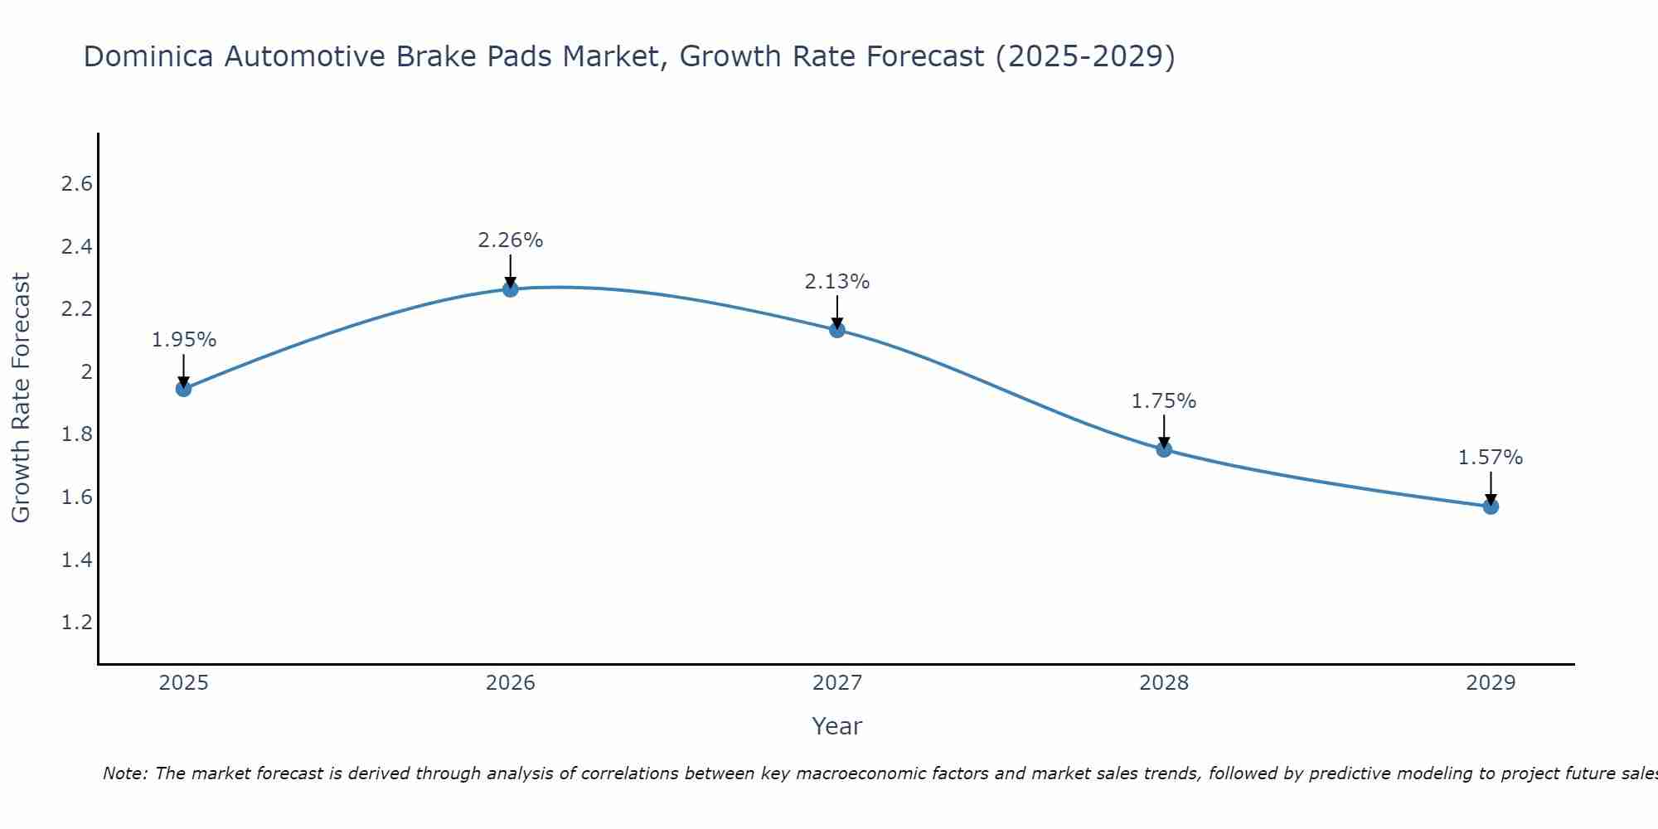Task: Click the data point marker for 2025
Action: coord(184,388)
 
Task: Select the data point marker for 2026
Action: coord(511,288)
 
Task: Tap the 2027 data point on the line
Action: coord(837,330)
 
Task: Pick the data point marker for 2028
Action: coord(1164,449)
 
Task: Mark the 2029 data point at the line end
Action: coord(1491,506)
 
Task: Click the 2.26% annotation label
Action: coord(511,240)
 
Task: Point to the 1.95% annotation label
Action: coord(184,340)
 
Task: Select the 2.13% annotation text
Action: coord(837,282)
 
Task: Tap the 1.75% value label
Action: coord(1164,401)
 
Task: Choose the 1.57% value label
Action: coord(1491,458)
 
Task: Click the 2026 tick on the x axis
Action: coord(511,683)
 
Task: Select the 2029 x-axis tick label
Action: coord(1491,683)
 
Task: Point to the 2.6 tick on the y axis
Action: coord(77,184)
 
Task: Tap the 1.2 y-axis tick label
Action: coord(77,623)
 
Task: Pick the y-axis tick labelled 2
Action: coord(86,372)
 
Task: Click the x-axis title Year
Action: coord(837,726)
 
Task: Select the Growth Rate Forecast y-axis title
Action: coord(22,398)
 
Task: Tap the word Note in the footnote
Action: coord(124,773)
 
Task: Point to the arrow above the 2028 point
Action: coord(1164,429)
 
